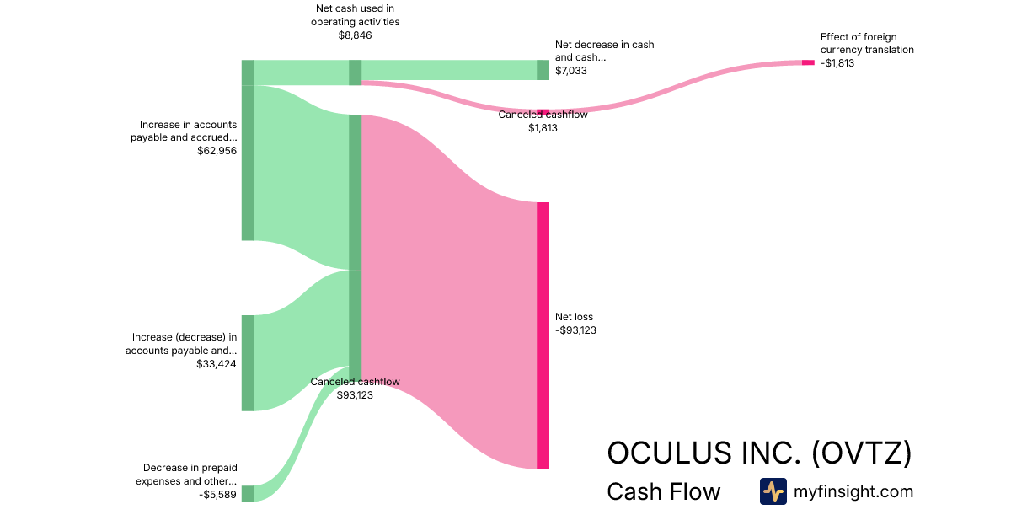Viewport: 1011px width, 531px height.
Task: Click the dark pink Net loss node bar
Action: click(543, 335)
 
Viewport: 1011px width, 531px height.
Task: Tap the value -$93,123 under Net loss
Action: click(575, 330)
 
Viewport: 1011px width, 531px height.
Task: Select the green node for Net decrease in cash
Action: click(543, 70)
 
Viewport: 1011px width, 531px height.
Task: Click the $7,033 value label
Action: click(571, 71)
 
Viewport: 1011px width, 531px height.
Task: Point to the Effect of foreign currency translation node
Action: click(808, 62)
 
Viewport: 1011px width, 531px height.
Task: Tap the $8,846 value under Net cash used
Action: click(355, 35)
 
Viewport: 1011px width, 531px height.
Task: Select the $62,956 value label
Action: click(217, 151)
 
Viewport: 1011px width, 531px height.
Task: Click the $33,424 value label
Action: click(217, 364)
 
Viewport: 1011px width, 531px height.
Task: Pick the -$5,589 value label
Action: click(218, 495)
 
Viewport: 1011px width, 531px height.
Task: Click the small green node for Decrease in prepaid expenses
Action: click(248, 493)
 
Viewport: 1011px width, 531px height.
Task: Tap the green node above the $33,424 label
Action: click(248, 363)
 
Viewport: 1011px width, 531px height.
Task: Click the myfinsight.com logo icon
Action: click(773, 491)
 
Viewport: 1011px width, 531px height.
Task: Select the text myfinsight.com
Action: click(853, 491)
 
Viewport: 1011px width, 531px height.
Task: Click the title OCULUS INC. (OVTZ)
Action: click(759, 453)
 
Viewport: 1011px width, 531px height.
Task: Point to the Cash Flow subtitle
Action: click(663, 492)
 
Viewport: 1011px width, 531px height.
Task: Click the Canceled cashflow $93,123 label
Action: click(355, 388)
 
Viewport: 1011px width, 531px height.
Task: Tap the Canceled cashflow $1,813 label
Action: click(543, 121)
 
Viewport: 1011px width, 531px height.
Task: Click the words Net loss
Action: click(574, 317)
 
